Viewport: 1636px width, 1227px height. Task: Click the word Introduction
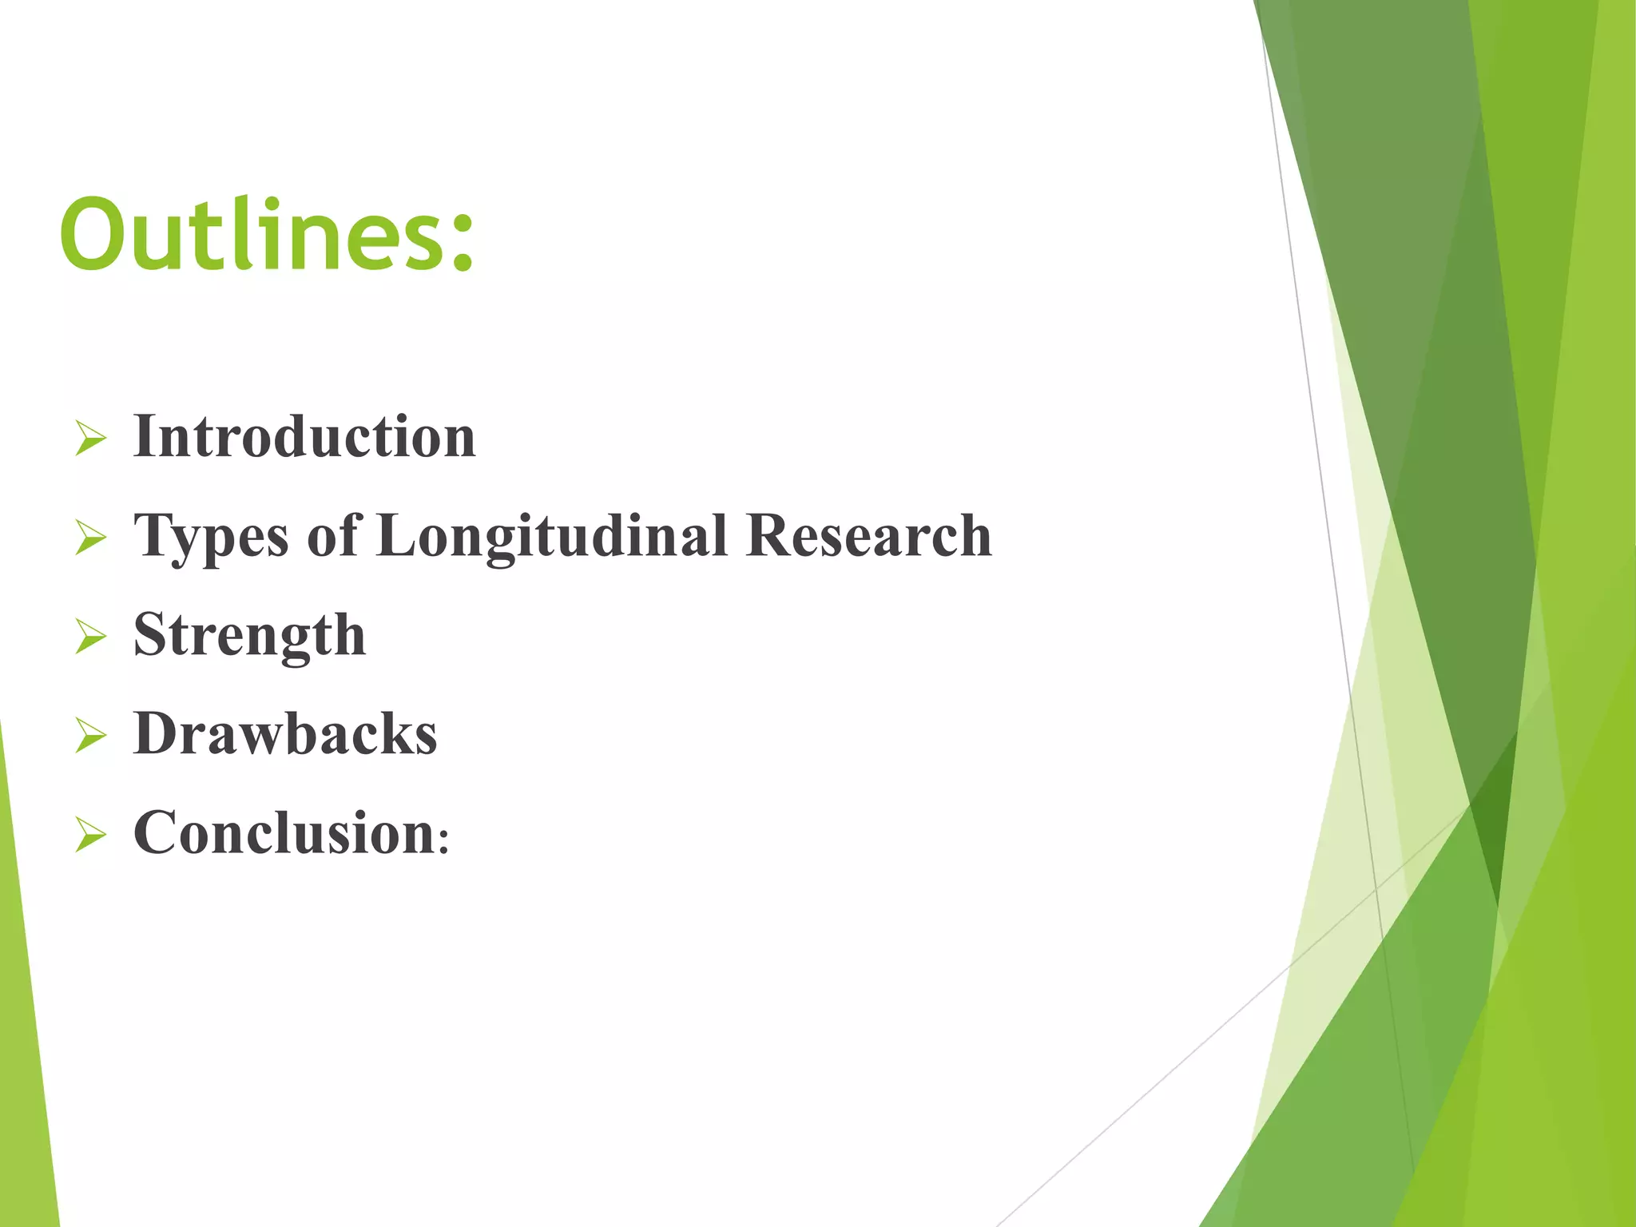(304, 437)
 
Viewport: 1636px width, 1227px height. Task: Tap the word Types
(211, 537)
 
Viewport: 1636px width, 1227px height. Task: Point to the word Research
(868, 535)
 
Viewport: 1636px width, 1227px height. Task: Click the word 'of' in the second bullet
(334, 535)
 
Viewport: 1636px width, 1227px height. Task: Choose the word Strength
(249, 636)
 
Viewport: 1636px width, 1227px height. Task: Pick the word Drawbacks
(285, 733)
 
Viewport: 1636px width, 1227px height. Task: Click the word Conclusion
(284, 833)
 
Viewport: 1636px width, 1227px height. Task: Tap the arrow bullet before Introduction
(90, 439)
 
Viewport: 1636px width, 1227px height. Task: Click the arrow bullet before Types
(90, 538)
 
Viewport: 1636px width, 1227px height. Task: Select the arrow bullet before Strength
(90, 637)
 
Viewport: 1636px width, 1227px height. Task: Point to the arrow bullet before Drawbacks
(90, 736)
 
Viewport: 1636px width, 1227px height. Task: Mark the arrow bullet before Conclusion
(90, 835)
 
